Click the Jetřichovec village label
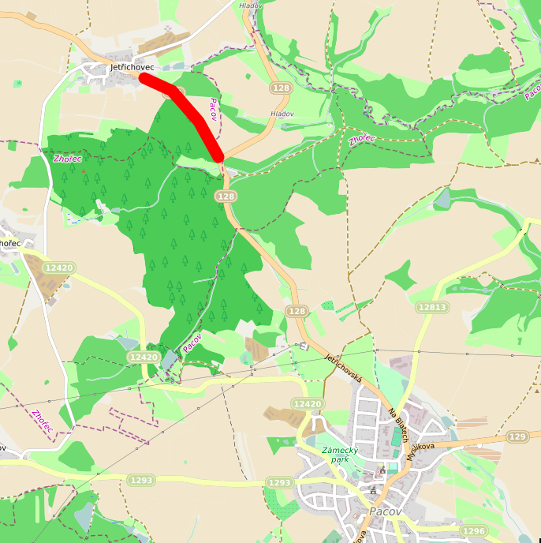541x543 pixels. point(132,68)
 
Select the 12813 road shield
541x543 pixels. point(432,307)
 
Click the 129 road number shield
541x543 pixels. point(517,436)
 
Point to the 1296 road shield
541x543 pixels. point(473,531)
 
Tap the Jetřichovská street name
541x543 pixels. point(343,368)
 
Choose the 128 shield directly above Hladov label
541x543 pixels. point(280,88)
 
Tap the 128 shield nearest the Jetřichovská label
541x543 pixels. point(297,312)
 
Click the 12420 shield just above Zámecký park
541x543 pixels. point(308,404)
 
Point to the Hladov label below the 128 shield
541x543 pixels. point(282,114)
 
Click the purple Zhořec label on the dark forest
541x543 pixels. point(68,159)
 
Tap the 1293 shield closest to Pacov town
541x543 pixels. point(280,482)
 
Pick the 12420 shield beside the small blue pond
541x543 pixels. point(144,358)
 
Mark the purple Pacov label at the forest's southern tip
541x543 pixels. point(192,342)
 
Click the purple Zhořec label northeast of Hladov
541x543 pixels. point(363,140)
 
